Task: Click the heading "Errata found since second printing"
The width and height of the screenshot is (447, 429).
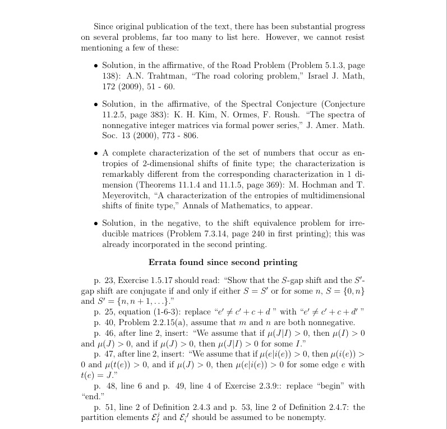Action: click(223, 262)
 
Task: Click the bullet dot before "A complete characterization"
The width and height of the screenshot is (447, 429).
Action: click(96, 153)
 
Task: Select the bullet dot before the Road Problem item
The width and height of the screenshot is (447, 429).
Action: click(96, 66)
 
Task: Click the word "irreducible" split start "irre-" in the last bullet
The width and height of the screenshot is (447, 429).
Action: click(354, 223)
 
